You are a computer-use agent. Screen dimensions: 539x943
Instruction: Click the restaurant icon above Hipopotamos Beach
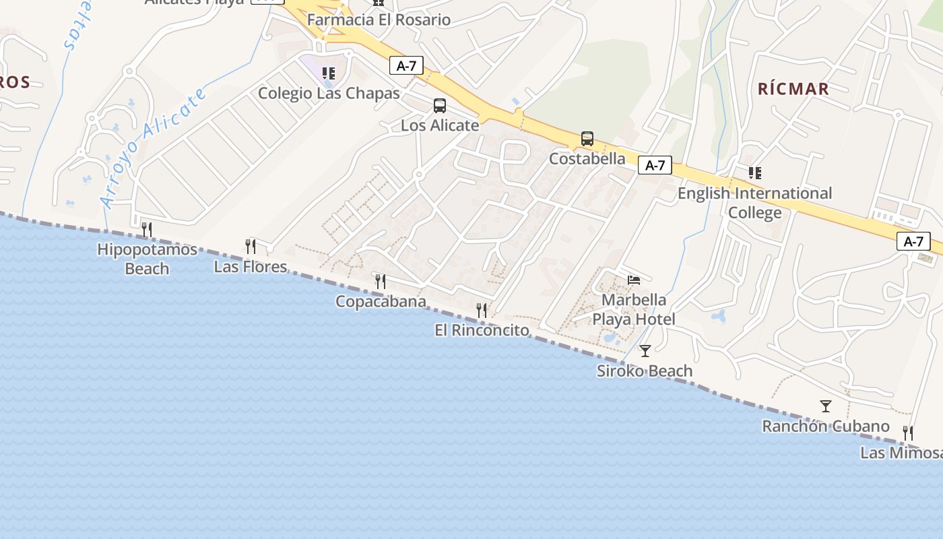tap(147, 230)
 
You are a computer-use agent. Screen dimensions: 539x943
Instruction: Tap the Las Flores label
tap(250, 267)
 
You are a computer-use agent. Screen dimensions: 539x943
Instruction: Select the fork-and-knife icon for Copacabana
tap(381, 282)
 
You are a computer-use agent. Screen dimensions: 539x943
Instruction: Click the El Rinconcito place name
tap(482, 330)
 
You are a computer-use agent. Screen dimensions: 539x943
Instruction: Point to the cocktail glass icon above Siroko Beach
tap(645, 350)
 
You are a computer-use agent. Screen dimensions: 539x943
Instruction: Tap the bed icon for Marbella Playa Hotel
tap(634, 280)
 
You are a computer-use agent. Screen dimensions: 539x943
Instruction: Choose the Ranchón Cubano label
tap(825, 426)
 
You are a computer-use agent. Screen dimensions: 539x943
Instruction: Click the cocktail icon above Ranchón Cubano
tap(826, 406)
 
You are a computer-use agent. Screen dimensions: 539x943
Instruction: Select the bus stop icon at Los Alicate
tap(440, 105)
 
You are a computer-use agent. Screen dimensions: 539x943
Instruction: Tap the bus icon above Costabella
tap(587, 139)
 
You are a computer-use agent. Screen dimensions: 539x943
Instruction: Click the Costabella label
tap(587, 159)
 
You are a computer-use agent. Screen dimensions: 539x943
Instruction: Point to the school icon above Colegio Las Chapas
tap(329, 73)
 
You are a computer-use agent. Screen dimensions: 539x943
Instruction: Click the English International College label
tap(754, 203)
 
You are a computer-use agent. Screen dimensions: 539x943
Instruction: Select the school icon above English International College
tap(755, 173)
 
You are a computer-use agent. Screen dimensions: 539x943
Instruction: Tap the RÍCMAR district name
tap(793, 88)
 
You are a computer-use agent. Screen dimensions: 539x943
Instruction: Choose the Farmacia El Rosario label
tap(379, 20)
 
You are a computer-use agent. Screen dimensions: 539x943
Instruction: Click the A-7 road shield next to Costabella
tap(655, 165)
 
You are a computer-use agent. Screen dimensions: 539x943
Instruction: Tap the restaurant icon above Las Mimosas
tap(908, 433)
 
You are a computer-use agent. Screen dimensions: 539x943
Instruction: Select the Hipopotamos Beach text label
tap(147, 259)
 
